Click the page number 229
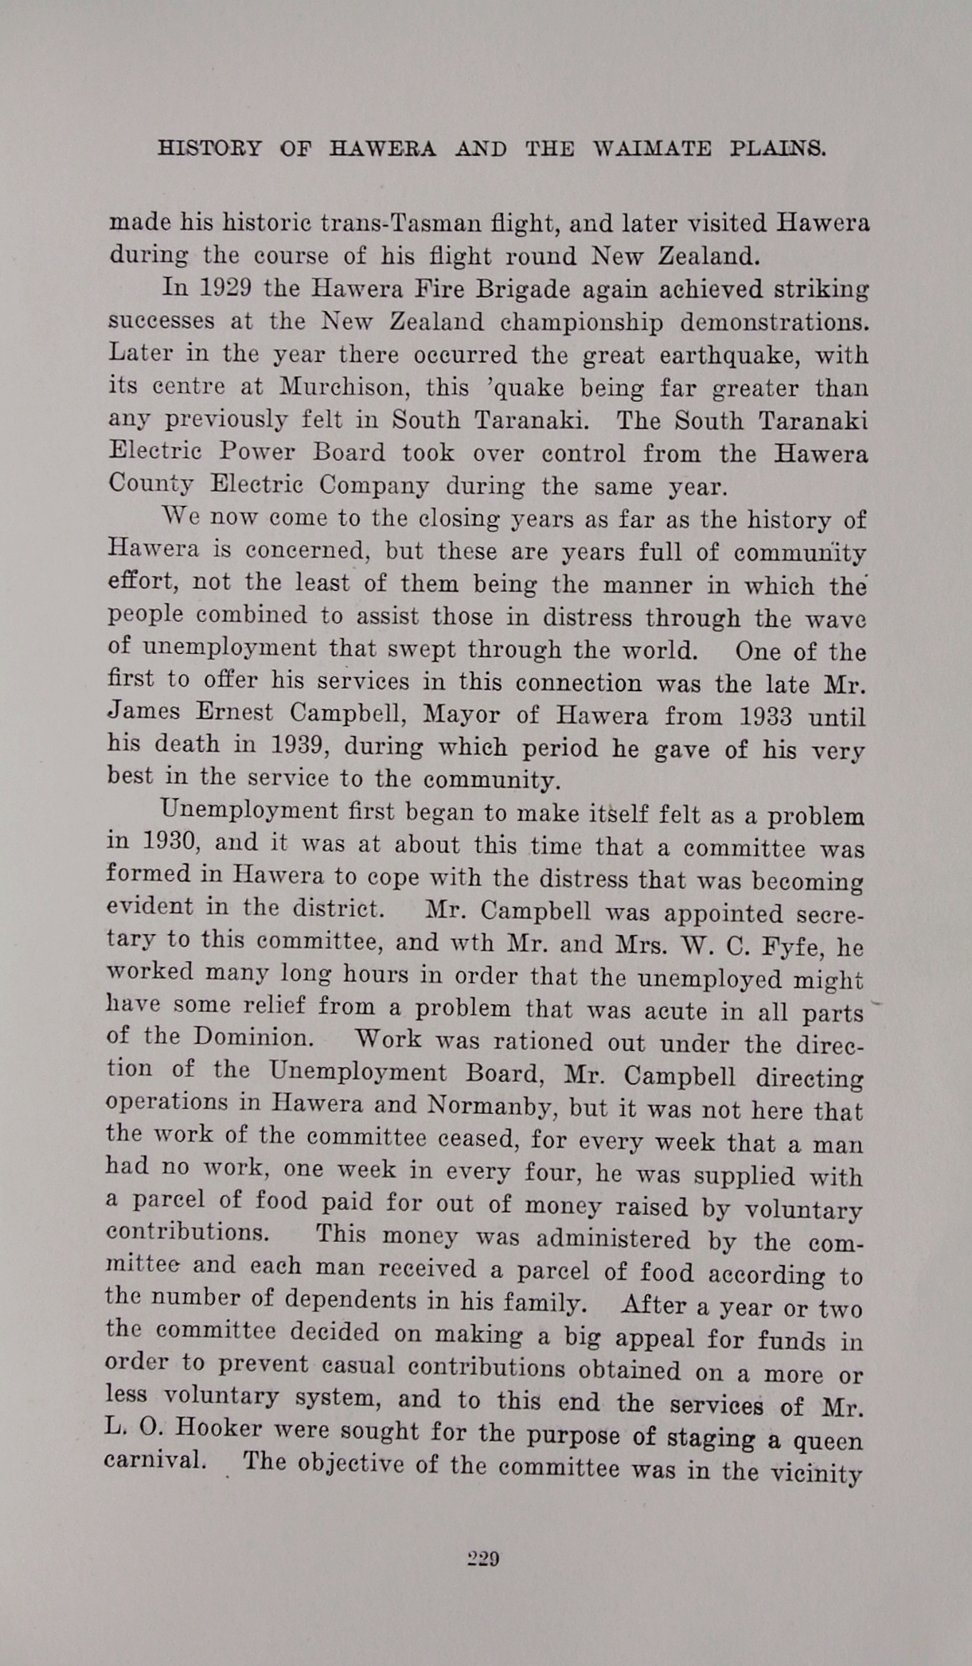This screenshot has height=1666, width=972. click(x=482, y=1559)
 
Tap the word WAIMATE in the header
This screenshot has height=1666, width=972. click(x=652, y=149)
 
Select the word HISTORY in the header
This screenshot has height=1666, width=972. click(x=209, y=148)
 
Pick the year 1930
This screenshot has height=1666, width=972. click(x=169, y=842)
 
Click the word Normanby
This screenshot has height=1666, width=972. click(x=486, y=1105)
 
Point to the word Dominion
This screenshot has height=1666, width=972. click(x=252, y=1037)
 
